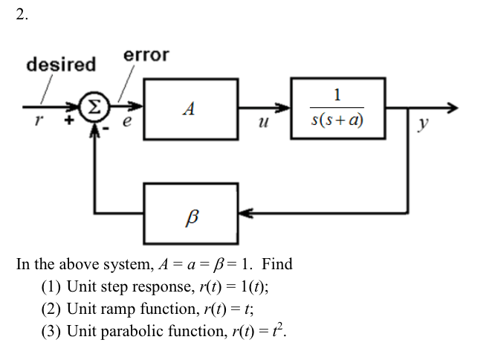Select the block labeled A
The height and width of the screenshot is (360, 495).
pyautogui.click(x=190, y=109)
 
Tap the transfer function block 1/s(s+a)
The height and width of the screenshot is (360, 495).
pyautogui.click(x=338, y=109)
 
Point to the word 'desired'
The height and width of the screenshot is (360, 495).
pyautogui.click(x=61, y=65)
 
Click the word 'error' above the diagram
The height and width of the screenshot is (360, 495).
pyautogui.click(x=146, y=55)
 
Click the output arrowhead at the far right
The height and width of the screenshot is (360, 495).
pyautogui.click(x=451, y=109)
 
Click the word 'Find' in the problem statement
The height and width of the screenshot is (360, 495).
pyautogui.click(x=277, y=264)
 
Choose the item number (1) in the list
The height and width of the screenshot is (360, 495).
pyautogui.click(x=51, y=286)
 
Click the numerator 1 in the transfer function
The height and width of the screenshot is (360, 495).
pyautogui.click(x=338, y=94)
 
